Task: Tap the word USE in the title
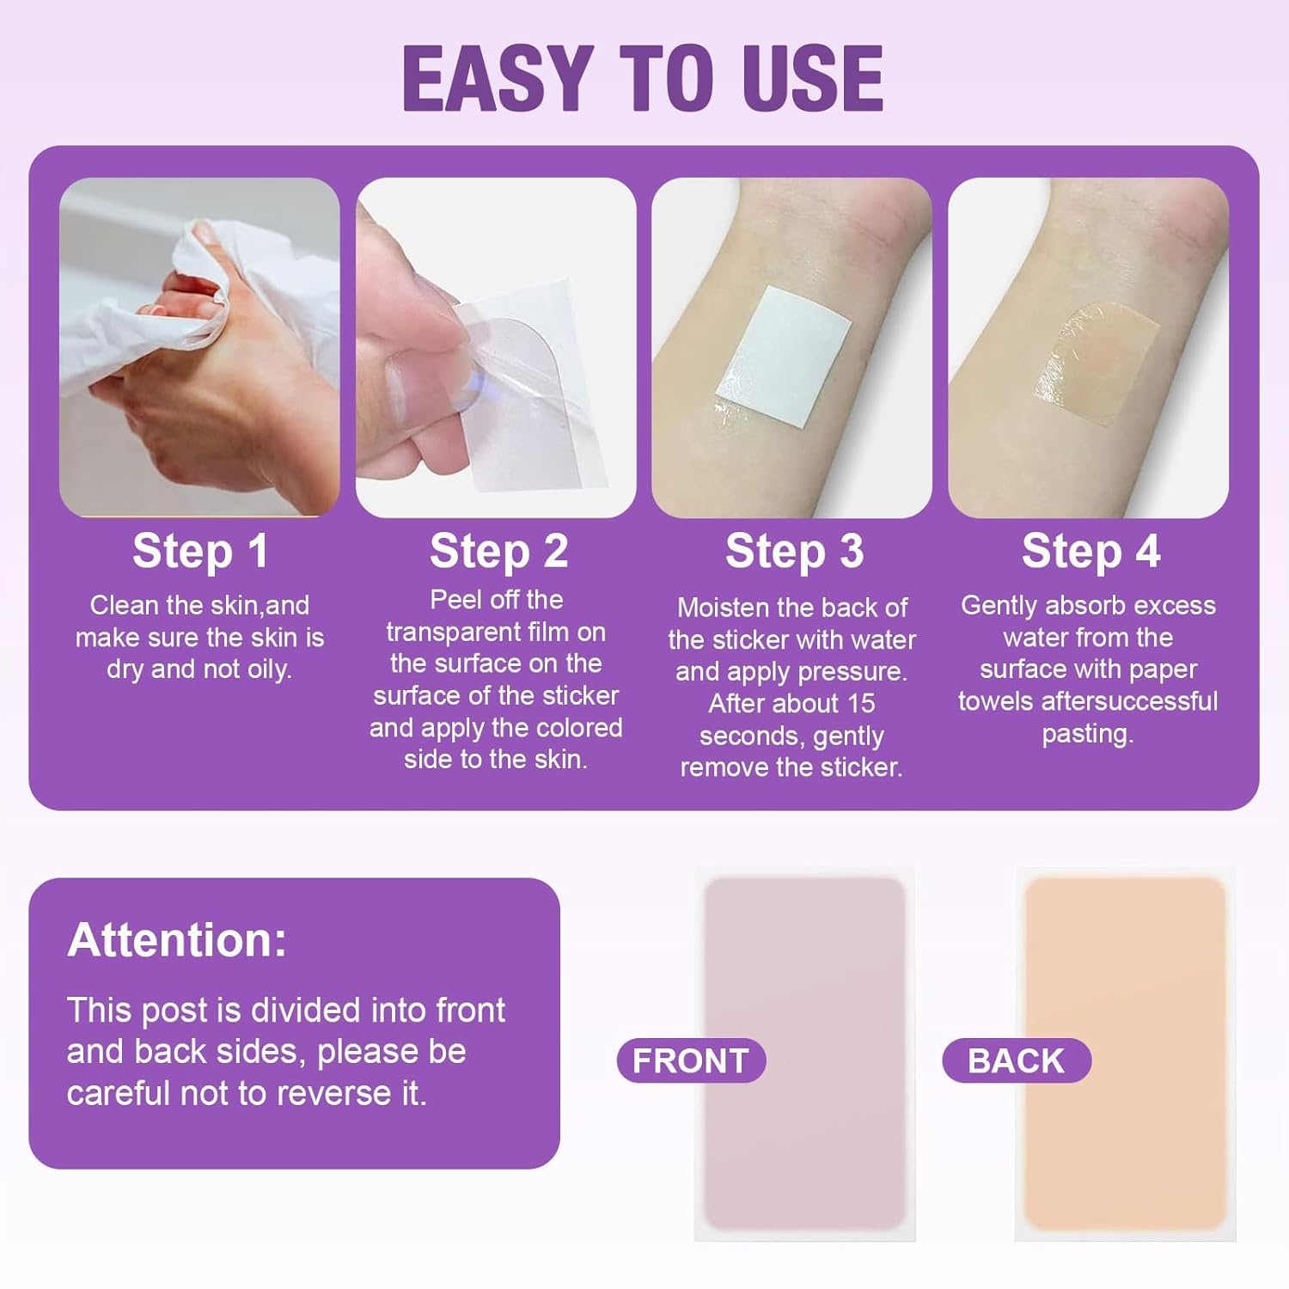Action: pyautogui.click(x=812, y=78)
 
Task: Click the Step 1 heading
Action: pyautogui.click(x=200, y=551)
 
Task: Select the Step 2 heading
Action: pyautogui.click(x=498, y=551)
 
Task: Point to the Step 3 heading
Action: pyautogui.click(x=794, y=551)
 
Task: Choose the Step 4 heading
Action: pyautogui.click(x=1090, y=551)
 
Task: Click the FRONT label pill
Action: pyautogui.click(x=691, y=1060)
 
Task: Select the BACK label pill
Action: pyautogui.click(x=1016, y=1060)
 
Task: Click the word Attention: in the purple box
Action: pyautogui.click(x=177, y=939)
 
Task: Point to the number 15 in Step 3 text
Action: pyautogui.click(x=860, y=704)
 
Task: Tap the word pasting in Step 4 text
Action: pyautogui.click(x=1087, y=734)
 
